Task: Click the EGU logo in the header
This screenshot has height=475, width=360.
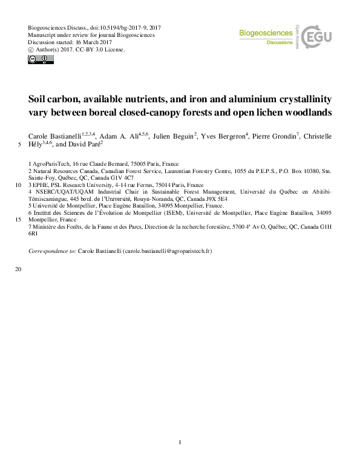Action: click(x=316, y=37)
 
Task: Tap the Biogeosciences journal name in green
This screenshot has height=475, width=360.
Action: click(x=266, y=34)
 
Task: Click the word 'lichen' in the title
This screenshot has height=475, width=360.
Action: click(x=248, y=112)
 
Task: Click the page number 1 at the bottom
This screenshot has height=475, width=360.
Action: click(x=180, y=443)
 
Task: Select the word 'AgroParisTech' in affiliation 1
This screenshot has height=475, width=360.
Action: click(x=51, y=164)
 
